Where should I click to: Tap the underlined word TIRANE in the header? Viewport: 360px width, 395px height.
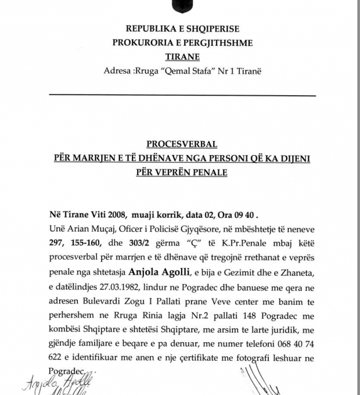click(182, 56)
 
